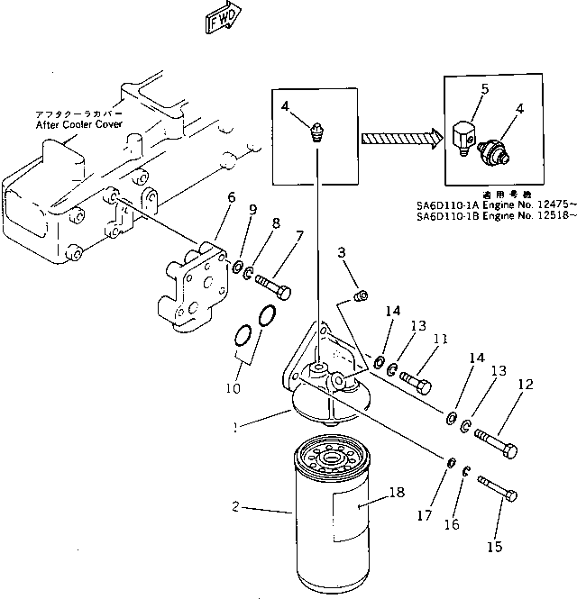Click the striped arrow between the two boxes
click(x=398, y=139)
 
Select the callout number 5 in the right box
click(x=484, y=90)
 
